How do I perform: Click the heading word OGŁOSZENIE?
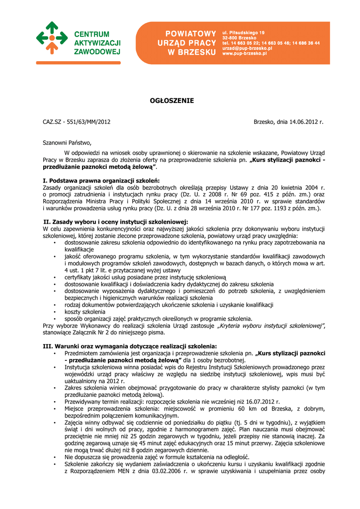172,101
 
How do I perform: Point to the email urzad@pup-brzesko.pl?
247,48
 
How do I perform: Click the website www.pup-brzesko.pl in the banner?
245,53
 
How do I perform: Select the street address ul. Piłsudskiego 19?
244,32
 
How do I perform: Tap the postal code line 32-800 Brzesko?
239,38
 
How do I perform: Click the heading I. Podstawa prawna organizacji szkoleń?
102,180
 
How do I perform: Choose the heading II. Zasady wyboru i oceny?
115,222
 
